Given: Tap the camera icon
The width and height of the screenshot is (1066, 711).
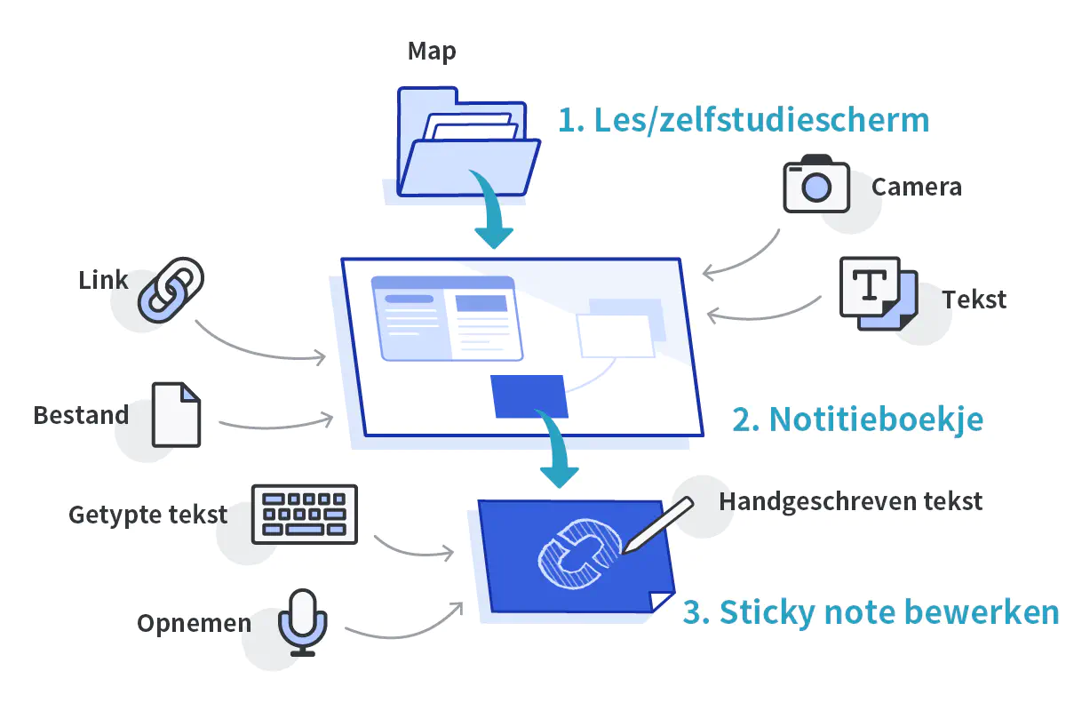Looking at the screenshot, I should [x=815, y=184].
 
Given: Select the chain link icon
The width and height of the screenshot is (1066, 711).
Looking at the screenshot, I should [x=170, y=289].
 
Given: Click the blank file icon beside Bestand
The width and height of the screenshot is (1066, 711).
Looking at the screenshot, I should [x=176, y=414].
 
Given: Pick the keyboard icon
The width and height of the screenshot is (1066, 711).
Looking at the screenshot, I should [x=305, y=514].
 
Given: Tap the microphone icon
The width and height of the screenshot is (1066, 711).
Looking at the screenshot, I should [x=303, y=622].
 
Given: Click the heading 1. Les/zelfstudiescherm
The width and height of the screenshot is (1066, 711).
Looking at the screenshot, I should [x=744, y=119].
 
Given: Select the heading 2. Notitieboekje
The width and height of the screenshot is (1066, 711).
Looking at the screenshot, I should [x=857, y=419].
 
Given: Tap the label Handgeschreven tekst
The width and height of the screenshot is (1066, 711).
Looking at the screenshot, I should [x=850, y=501].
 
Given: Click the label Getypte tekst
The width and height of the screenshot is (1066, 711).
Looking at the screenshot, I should [x=147, y=515].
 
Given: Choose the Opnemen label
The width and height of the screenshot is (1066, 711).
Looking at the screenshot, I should [x=194, y=624].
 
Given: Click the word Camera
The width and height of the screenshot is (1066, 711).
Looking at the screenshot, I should [x=916, y=188].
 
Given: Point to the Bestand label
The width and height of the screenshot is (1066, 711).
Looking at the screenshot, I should [x=81, y=415].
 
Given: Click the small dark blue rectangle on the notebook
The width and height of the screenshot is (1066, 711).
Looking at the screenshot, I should [x=529, y=395].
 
